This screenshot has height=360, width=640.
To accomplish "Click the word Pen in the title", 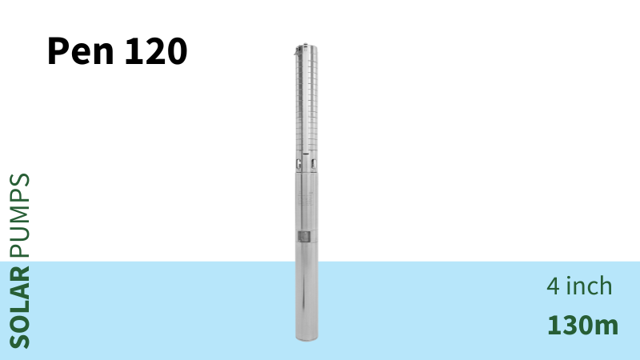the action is click(x=81, y=51).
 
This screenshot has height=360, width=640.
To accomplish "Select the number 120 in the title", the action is click(x=156, y=51).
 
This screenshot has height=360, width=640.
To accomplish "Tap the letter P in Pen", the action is click(x=58, y=50).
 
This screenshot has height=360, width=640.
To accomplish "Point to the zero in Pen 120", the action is click(x=177, y=51).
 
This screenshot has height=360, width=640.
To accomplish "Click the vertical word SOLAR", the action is click(x=19, y=307).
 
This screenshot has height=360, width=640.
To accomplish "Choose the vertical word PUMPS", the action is click(x=19, y=215).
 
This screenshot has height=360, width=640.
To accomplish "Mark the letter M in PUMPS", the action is click(x=19, y=215).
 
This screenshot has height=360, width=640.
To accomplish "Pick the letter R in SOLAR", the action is click(x=19, y=273).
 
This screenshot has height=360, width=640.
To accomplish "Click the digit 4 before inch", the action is click(x=553, y=286).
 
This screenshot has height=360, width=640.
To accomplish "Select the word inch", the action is click(x=589, y=286).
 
